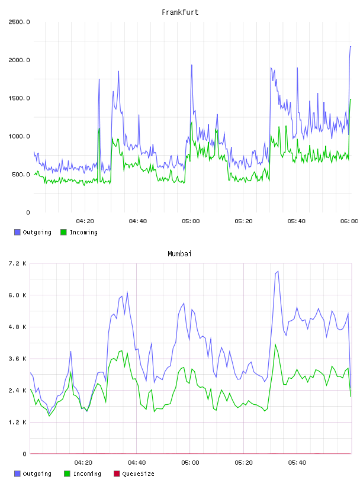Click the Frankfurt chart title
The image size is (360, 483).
click(180, 12)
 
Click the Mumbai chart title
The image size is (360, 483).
click(179, 254)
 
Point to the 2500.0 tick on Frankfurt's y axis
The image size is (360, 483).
click(19, 22)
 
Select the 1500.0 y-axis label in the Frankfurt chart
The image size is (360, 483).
click(19, 98)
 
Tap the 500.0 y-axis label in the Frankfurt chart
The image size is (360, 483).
click(21, 175)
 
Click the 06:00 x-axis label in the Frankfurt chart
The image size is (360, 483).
click(349, 221)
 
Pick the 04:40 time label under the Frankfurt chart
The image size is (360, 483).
click(138, 221)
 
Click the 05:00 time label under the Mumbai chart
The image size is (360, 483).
click(190, 463)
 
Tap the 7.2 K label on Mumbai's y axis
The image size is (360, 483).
click(17, 263)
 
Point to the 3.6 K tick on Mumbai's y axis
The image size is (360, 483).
click(17, 359)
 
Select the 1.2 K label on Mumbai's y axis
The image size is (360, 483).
click(17, 422)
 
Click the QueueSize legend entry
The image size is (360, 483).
click(134, 474)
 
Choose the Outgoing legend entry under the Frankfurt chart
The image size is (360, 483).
click(33, 232)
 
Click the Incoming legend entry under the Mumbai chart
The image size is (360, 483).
click(83, 474)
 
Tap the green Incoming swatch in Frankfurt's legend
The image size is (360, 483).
click(63, 232)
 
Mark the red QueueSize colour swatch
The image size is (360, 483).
click(117, 474)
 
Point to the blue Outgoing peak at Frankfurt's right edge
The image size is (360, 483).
click(351, 47)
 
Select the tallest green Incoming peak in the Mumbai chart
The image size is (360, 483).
click(275, 344)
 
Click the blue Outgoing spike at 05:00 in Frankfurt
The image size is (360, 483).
click(192, 65)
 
